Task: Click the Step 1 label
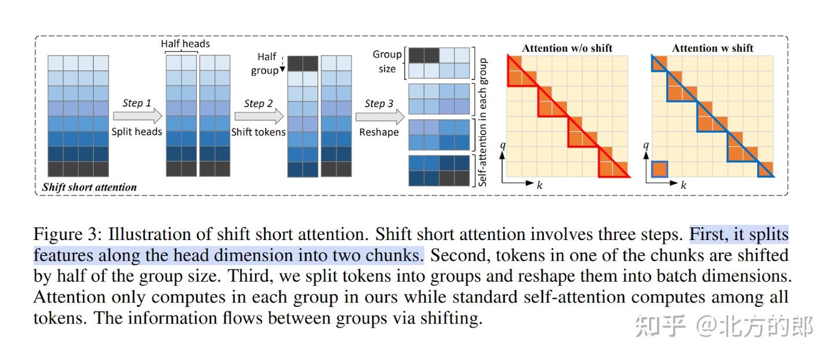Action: (137, 103)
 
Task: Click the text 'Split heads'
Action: (137, 132)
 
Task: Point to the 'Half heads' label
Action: (185, 43)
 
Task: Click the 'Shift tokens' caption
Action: (258, 132)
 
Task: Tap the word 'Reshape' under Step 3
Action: (379, 132)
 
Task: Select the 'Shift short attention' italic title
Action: (89, 187)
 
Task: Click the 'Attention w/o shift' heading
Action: (567, 48)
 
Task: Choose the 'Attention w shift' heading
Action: (712, 48)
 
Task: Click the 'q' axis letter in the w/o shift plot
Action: (503, 146)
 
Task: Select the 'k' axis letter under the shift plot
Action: (683, 186)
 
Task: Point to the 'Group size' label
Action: (387, 61)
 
